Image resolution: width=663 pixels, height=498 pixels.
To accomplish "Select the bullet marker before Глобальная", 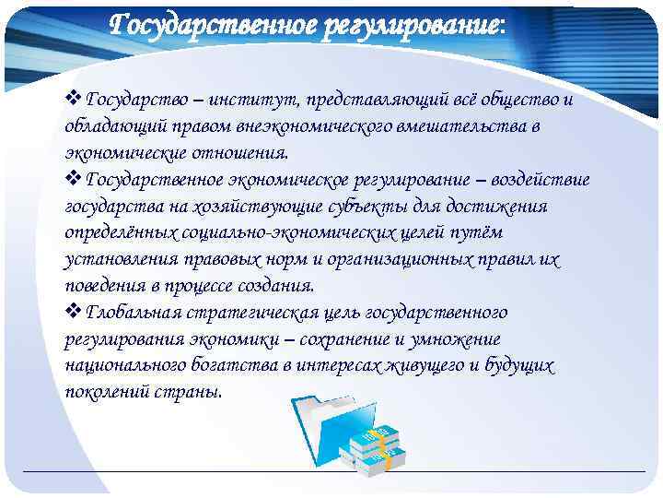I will [x=74, y=313].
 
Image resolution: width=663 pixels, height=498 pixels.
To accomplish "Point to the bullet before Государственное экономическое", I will [x=74, y=180].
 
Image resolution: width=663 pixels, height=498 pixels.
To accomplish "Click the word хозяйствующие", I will [x=262, y=207].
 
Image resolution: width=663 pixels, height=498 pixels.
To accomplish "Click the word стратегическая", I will [x=244, y=313].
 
